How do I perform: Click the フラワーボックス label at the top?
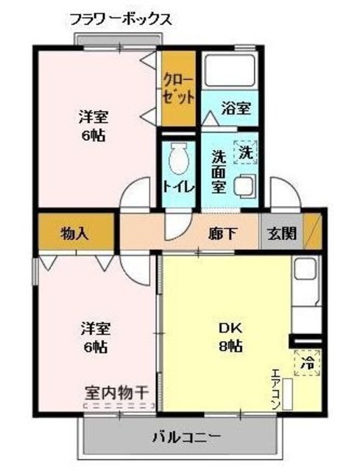point(121,20)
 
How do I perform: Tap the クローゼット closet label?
point(178,89)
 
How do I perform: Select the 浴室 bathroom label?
point(236,108)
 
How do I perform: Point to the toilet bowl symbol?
point(179,159)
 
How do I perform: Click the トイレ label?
point(179,187)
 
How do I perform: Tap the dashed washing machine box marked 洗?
point(245,152)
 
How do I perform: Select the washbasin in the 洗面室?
point(244,185)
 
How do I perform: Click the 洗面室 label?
point(219,171)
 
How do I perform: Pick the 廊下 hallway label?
point(223,233)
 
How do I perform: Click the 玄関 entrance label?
point(282,233)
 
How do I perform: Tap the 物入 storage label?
point(75,233)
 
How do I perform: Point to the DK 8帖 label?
point(230,337)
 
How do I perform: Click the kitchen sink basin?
point(305,269)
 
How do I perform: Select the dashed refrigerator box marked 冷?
point(307,363)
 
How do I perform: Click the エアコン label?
point(276,389)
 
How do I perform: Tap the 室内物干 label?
point(116,392)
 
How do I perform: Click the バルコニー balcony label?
point(186,438)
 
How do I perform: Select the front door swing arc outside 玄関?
point(285,192)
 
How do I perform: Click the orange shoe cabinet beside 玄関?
point(313,232)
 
